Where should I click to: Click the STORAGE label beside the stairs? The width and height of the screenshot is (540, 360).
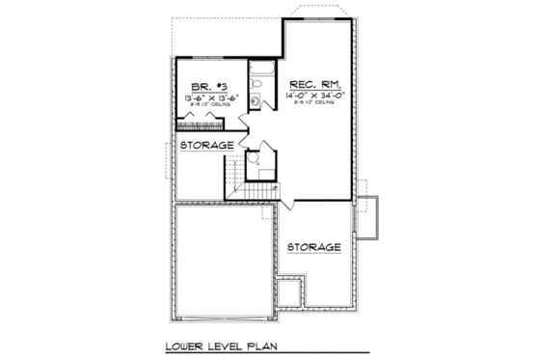tap(206, 145)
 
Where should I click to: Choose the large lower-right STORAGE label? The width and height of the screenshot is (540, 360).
tap(313, 247)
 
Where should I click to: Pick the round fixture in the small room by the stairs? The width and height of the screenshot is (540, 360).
tap(256, 162)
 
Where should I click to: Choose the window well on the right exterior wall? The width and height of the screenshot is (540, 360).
tap(369, 218)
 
